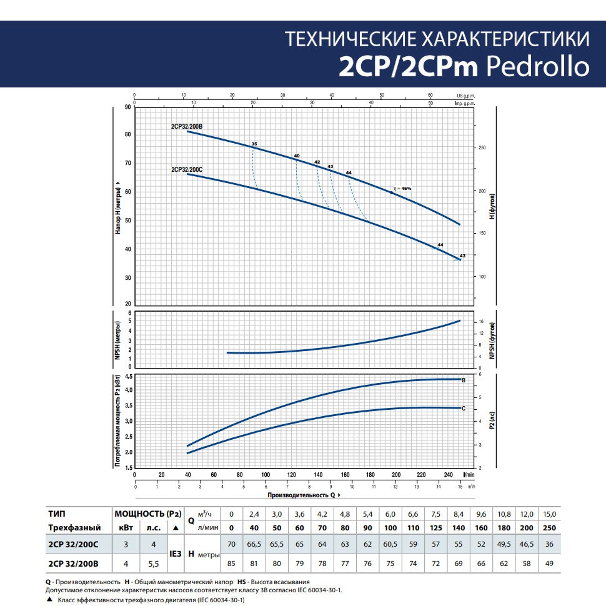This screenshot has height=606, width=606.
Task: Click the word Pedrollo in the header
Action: [x=537, y=66]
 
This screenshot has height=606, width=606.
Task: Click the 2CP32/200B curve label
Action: [x=186, y=126]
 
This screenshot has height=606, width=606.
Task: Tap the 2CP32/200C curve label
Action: [x=186, y=169]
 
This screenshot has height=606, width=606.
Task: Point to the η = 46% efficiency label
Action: [x=403, y=188]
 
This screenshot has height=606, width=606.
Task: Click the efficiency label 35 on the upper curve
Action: [x=254, y=144]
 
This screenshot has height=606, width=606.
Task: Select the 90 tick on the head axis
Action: [x=127, y=107]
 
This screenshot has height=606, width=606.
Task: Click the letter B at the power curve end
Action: [x=463, y=380]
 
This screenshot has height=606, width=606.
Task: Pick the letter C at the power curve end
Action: [x=463, y=408]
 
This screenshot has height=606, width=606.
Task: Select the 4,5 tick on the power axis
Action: [x=127, y=377]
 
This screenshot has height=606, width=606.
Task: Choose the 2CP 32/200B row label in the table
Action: [x=74, y=564]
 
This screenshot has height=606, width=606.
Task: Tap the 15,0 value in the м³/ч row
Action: [x=550, y=514]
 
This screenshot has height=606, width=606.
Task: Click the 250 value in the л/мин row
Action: [x=550, y=528]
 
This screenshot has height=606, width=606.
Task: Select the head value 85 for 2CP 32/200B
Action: [x=232, y=564]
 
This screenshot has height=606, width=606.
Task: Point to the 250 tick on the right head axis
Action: [x=482, y=148]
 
